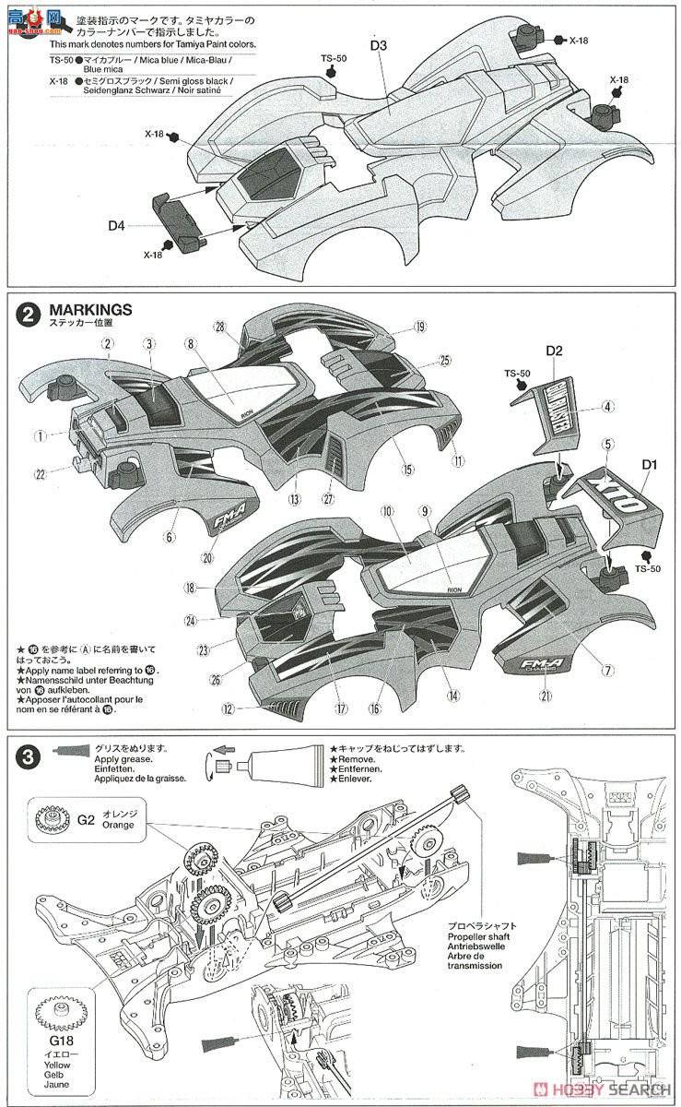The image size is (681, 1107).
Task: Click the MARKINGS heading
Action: point(91,309)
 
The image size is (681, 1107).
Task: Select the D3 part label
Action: point(381,43)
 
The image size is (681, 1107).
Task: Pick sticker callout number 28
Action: point(219,327)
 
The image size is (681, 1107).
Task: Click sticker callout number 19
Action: point(419,327)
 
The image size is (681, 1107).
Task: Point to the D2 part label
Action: point(554,351)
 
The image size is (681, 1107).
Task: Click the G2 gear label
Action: point(87,818)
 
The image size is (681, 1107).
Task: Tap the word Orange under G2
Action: point(119,825)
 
